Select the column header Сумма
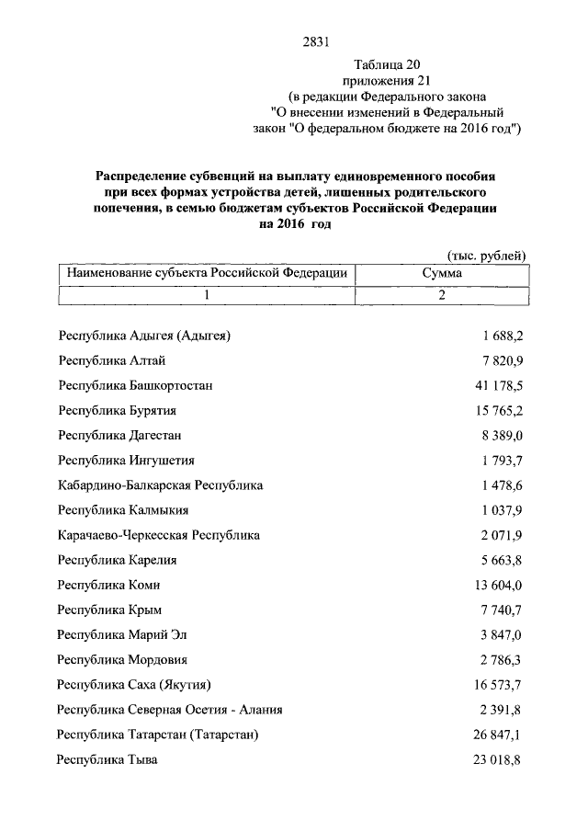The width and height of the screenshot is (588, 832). point(441,273)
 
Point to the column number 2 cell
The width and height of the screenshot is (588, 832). point(441,295)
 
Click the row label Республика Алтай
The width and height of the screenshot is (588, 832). point(111,359)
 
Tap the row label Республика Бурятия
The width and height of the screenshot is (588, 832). point(117,410)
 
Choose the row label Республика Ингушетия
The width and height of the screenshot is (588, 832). point(125,460)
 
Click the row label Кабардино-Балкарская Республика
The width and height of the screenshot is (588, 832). point(160,484)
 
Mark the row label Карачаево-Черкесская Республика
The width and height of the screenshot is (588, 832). point(158,534)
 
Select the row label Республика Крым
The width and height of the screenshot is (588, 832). point(107,610)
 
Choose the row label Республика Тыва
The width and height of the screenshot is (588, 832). point(107,759)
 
